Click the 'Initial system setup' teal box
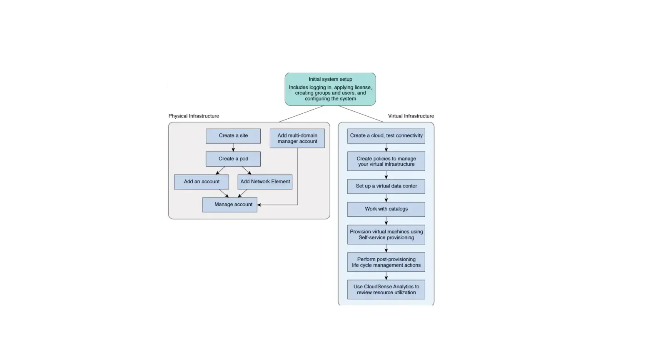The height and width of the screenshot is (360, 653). tap(330, 89)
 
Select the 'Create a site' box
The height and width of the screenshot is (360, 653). tap(233, 136)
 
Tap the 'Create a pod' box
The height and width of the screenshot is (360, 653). tap(233, 159)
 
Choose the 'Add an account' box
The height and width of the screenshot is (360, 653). tap(202, 182)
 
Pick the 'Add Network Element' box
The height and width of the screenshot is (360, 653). tap(265, 182)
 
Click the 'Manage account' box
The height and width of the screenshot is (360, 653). tap(230, 205)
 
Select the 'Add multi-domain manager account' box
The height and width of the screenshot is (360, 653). tap(297, 138)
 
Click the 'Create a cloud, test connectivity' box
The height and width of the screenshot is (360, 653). tap(386, 136)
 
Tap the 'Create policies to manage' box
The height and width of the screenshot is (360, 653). tap(386, 161)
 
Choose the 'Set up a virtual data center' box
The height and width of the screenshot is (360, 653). tap(386, 186)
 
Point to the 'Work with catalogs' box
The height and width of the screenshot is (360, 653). tap(386, 209)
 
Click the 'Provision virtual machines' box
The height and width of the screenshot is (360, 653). tap(386, 235)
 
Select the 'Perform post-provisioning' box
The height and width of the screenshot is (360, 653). tap(386, 262)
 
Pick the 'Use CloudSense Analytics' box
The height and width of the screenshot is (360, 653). tap(386, 290)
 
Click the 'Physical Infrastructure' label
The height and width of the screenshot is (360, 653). tap(194, 116)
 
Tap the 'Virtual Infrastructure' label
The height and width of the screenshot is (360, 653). tap(411, 116)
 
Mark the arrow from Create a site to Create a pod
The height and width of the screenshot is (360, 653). tap(233, 147)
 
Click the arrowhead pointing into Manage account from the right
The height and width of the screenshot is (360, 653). tap(259, 205)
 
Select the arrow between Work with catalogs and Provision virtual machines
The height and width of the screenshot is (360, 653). tap(386, 221)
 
